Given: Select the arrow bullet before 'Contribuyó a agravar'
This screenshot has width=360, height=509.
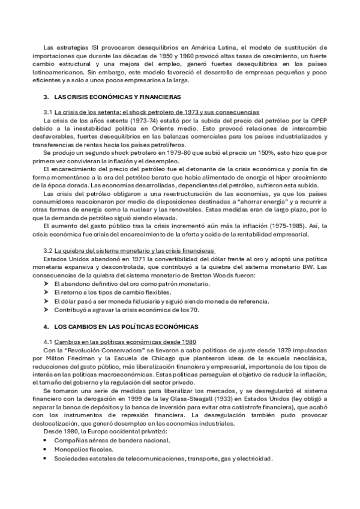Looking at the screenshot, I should tap(47, 310).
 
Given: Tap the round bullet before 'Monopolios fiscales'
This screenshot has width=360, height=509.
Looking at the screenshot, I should tap(47, 449).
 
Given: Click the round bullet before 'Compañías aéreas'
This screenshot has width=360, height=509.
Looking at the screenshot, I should tap(47, 440).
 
